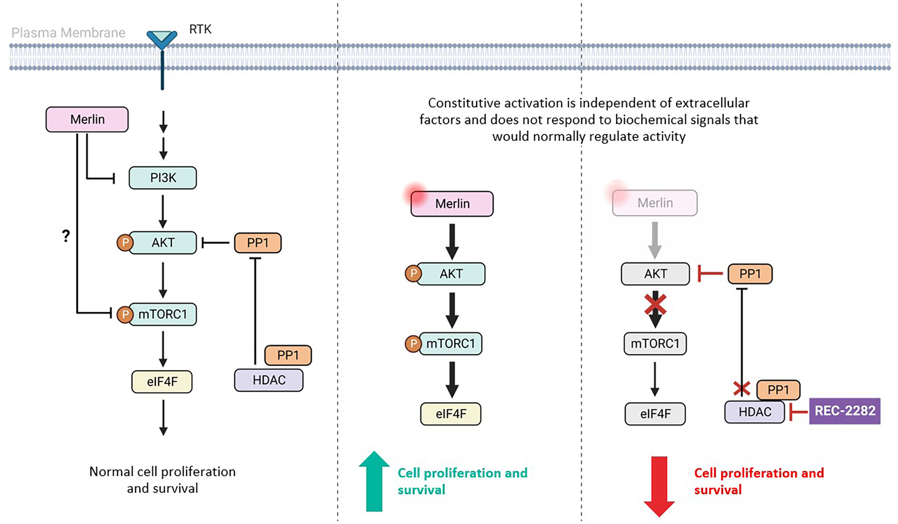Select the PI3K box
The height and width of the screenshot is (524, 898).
pyautogui.click(x=163, y=178)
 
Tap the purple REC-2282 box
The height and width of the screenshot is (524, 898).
pyautogui.click(x=844, y=411)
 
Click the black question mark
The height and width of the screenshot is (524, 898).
pyautogui.click(x=66, y=236)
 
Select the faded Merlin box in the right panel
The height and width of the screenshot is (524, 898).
pyautogui.click(x=655, y=203)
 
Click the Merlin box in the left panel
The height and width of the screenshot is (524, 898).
pyautogui.click(x=87, y=119)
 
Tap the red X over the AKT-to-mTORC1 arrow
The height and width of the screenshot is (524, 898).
pyautogui.click(x=655, y=304)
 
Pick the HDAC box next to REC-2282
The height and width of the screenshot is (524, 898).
pyautogui.click(x=754, y=412)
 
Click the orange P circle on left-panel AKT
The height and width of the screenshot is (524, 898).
pyautogui.click(x=125, y=243)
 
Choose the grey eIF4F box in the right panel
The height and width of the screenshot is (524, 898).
pyautogui.click(x=655, y=414)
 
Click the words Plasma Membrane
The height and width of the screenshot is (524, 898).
pyautogui.click(x=68, y=33)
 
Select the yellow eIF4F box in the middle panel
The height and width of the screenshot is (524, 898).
pyautogui.click(x=451, y=414)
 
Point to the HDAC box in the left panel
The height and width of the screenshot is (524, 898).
pyautogui.click(x=269, y=380)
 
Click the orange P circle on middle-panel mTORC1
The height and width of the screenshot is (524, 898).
pyautogui.click(x=413, y=344)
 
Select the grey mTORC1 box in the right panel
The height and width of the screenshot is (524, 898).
pyautogui.click(x=655, y=344)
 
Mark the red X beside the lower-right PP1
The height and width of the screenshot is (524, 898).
pyautogui.click(x=741, y=389)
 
